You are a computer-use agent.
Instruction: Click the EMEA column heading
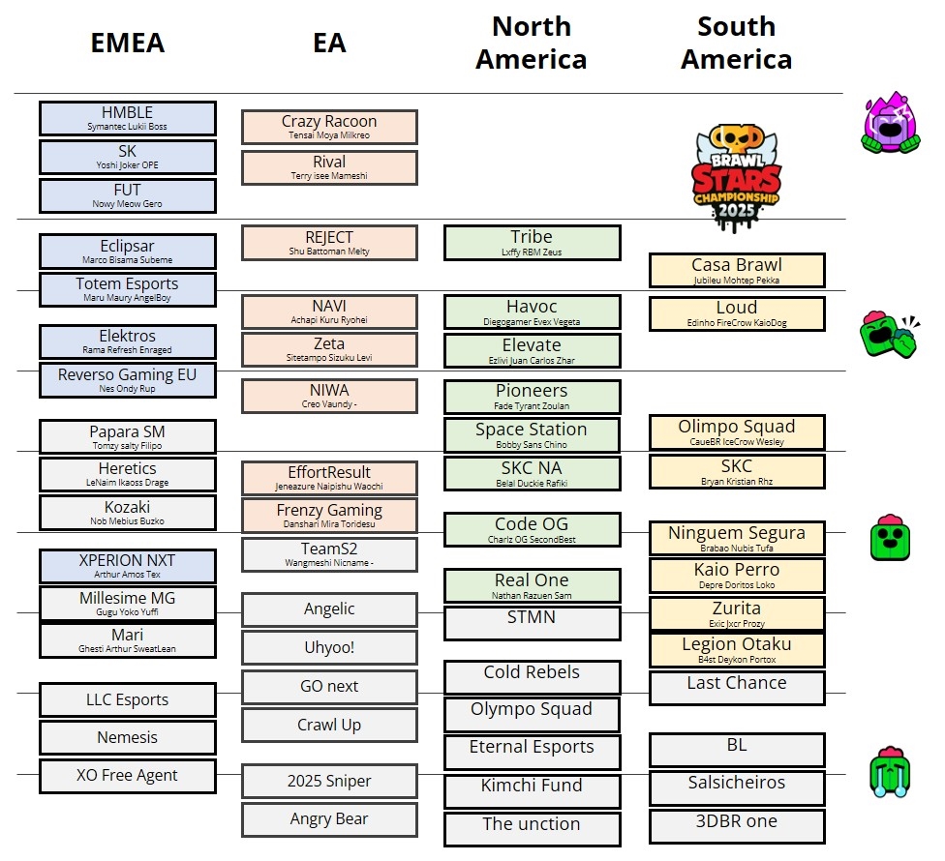pyautogui.click(x=127, y=44)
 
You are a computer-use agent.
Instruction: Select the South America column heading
pyautogui.click(x=736, y=44)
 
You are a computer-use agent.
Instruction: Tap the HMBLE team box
pyautogui.click(x=127, y=118)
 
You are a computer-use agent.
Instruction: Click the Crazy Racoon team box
pyautogui.click(x=329, y=127)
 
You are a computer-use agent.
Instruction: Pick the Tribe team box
pyautogui.click(x=532, y=243)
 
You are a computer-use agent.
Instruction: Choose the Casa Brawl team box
pyautogui.click(x=737, y=271)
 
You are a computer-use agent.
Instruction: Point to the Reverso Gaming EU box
pyautogui.click(x=127, y=380)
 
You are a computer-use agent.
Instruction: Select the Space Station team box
pyautogui.click(x=532, y=435)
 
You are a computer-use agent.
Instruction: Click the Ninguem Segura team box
pyautogui.click(x=737, y=538)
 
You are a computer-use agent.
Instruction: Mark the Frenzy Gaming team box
pyautogui.click(x=329, y=516)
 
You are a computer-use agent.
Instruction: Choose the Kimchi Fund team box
pyautogui.click(x=532, y=790)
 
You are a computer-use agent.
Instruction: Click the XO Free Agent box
pyautogui.click(x=127, y=777)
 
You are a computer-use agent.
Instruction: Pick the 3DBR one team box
pyautogui.click(x=737, y=826)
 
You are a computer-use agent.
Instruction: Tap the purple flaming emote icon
pyautogui.click(x=889, y=124)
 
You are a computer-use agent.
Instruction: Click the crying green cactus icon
pyautogui.click(x=889, y=772)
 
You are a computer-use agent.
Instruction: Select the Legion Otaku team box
pyautogui.click(x=737, y=650)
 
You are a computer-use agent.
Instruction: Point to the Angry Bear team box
pyautogui.click(x=329, y=820)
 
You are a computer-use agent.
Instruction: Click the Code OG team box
pyautogui.click(x=532, y=530)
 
